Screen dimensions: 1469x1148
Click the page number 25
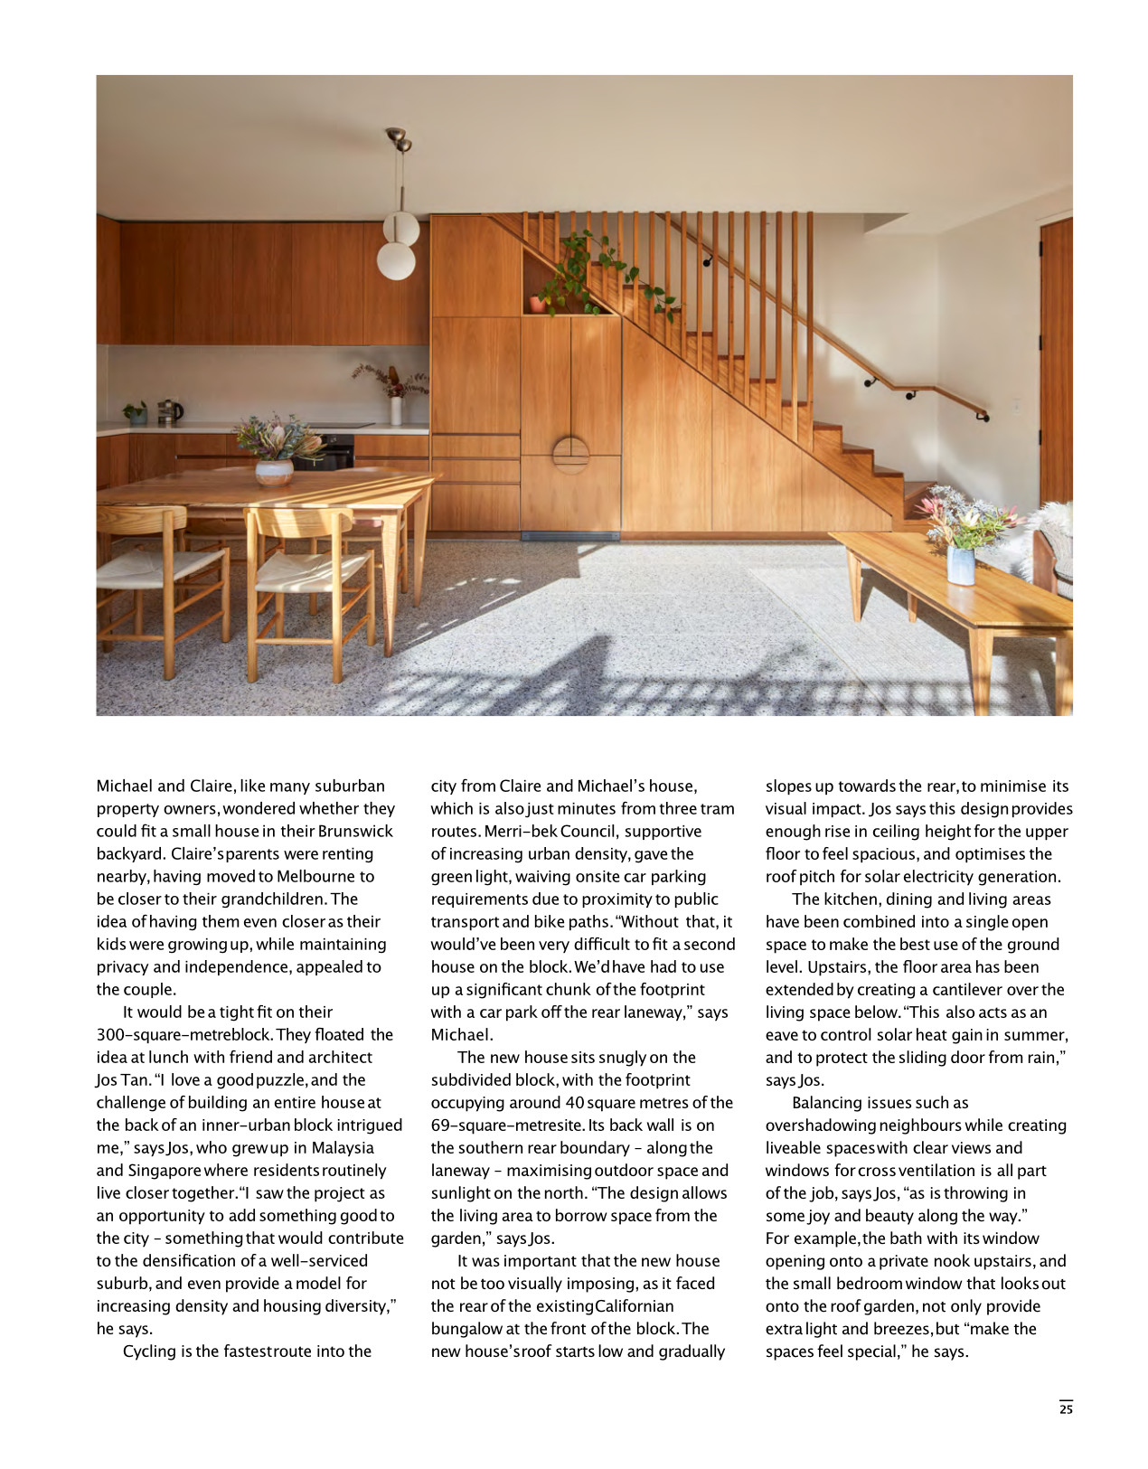click(1066, 1408)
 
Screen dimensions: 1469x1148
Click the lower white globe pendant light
click(396, 261)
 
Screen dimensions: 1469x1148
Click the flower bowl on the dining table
click(274, 472)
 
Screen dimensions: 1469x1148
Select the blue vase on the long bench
click(961, 566)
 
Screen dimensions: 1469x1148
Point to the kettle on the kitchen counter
click(171, 412)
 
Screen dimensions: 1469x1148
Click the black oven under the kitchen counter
click(325, 452)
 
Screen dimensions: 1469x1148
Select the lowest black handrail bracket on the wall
click(981, 416)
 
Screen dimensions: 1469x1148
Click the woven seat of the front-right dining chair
click(312, 579)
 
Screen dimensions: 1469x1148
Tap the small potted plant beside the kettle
click(136, 413)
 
